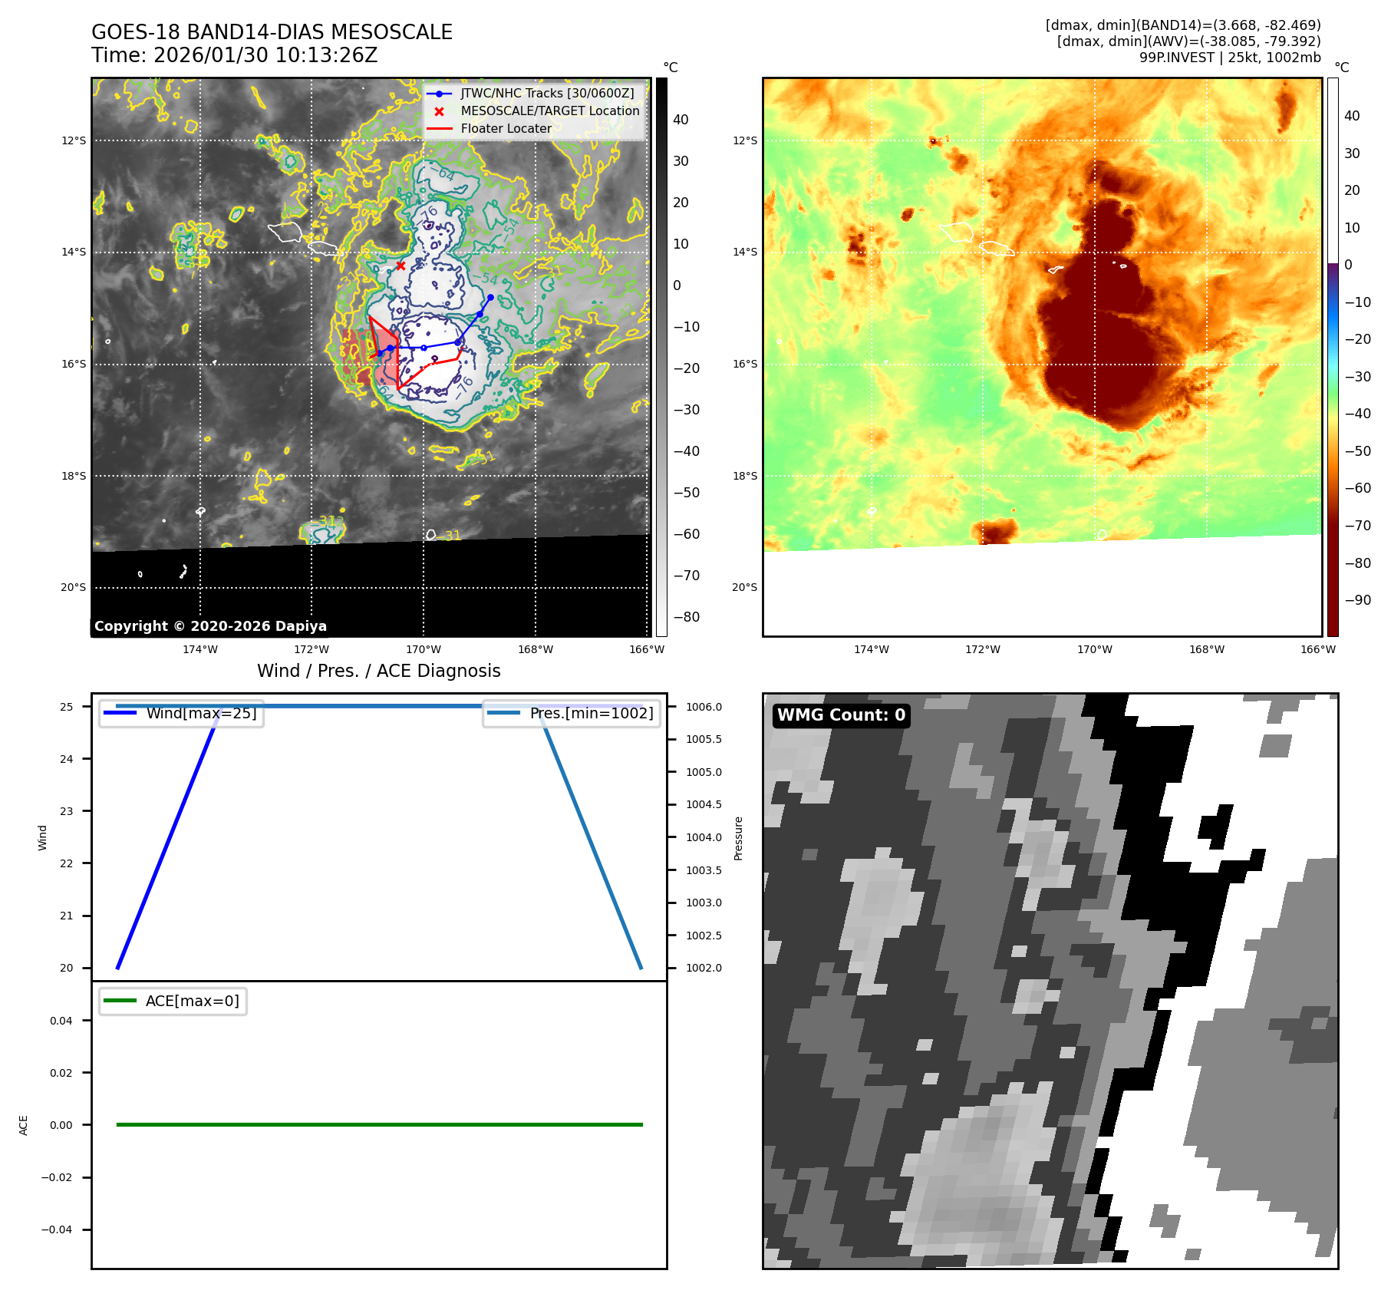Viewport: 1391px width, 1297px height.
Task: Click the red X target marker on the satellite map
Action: point(400,266)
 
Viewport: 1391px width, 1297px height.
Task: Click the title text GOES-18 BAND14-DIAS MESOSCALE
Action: point(272,32)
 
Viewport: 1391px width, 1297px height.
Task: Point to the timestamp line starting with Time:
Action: point(234,55)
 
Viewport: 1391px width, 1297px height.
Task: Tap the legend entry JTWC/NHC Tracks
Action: point(547,93)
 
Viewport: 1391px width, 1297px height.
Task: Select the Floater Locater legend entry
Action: point(506,128)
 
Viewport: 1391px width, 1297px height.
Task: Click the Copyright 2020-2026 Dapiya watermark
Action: point(210,625)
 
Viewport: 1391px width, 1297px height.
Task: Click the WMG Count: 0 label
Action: point(841,715)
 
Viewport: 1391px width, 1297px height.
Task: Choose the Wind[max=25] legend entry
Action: point(201,713)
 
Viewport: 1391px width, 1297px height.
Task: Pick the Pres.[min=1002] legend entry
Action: point(591,713)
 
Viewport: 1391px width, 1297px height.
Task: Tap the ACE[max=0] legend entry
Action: point(192,1001)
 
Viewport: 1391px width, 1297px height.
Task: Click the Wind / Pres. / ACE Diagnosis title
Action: point(378,671)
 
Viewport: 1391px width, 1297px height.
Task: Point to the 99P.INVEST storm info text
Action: point(1229,58)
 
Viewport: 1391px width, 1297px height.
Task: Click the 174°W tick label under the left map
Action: point(200,649)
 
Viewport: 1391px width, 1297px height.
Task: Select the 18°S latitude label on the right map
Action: point(744,476)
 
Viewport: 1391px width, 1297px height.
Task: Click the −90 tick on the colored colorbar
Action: point(1357,599)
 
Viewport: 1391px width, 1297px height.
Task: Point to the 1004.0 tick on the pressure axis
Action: point(704,837)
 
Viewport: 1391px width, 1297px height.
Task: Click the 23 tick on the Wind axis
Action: point(67,811)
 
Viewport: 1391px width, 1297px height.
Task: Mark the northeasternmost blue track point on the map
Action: point(490,297)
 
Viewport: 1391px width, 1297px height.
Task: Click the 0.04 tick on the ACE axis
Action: point(61,1021)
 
